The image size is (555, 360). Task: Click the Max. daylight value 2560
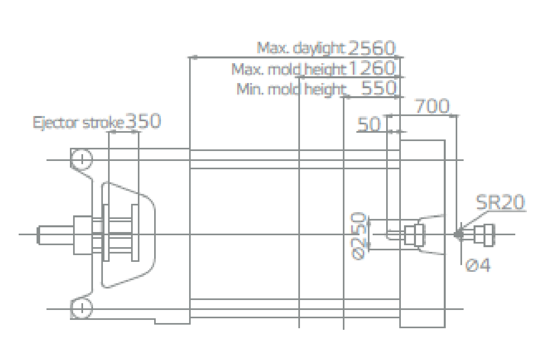tap(371, 48)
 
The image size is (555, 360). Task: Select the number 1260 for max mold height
tap(372, 68)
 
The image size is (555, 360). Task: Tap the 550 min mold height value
tap(379, 88)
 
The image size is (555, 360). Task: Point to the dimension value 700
tap(432, 106)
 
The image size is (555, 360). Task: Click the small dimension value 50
tap(368, 124)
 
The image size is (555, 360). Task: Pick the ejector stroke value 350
tap(143, 121)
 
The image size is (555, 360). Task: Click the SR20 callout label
tap(500, 202)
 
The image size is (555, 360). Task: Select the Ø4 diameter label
tap(478, 265)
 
